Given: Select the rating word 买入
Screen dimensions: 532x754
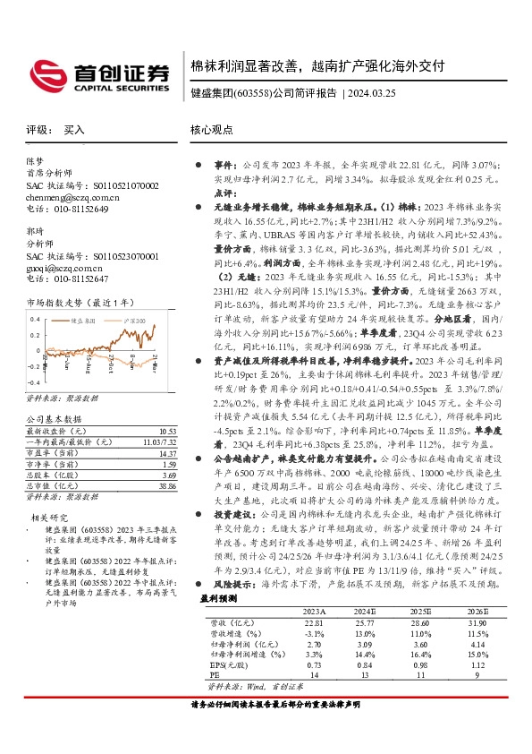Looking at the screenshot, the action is (x=74, y=130).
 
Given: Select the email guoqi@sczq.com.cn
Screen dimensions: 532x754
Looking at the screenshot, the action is (x=66, y=267).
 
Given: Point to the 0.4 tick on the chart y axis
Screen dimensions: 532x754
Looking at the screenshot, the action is (x=36, y=319).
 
